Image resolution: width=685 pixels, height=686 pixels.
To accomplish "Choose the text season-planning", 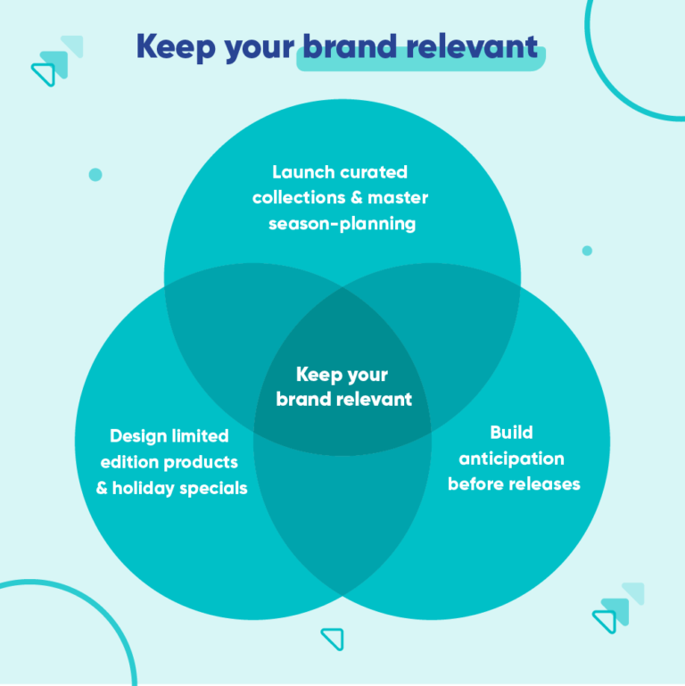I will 342,223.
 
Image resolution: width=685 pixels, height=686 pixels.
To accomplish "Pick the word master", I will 399,197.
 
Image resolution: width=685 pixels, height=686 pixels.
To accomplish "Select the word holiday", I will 143,489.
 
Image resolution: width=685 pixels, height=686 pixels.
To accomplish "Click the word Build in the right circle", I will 512,433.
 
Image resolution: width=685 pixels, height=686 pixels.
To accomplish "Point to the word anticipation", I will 512,459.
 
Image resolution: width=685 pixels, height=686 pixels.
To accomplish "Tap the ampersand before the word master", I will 356,197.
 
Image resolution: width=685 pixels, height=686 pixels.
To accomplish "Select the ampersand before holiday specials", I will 102,489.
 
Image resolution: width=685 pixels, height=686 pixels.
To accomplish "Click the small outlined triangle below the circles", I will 333,638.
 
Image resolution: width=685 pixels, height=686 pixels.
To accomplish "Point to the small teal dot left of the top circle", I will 95,175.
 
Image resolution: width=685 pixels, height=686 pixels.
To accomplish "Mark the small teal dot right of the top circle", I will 587,251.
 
